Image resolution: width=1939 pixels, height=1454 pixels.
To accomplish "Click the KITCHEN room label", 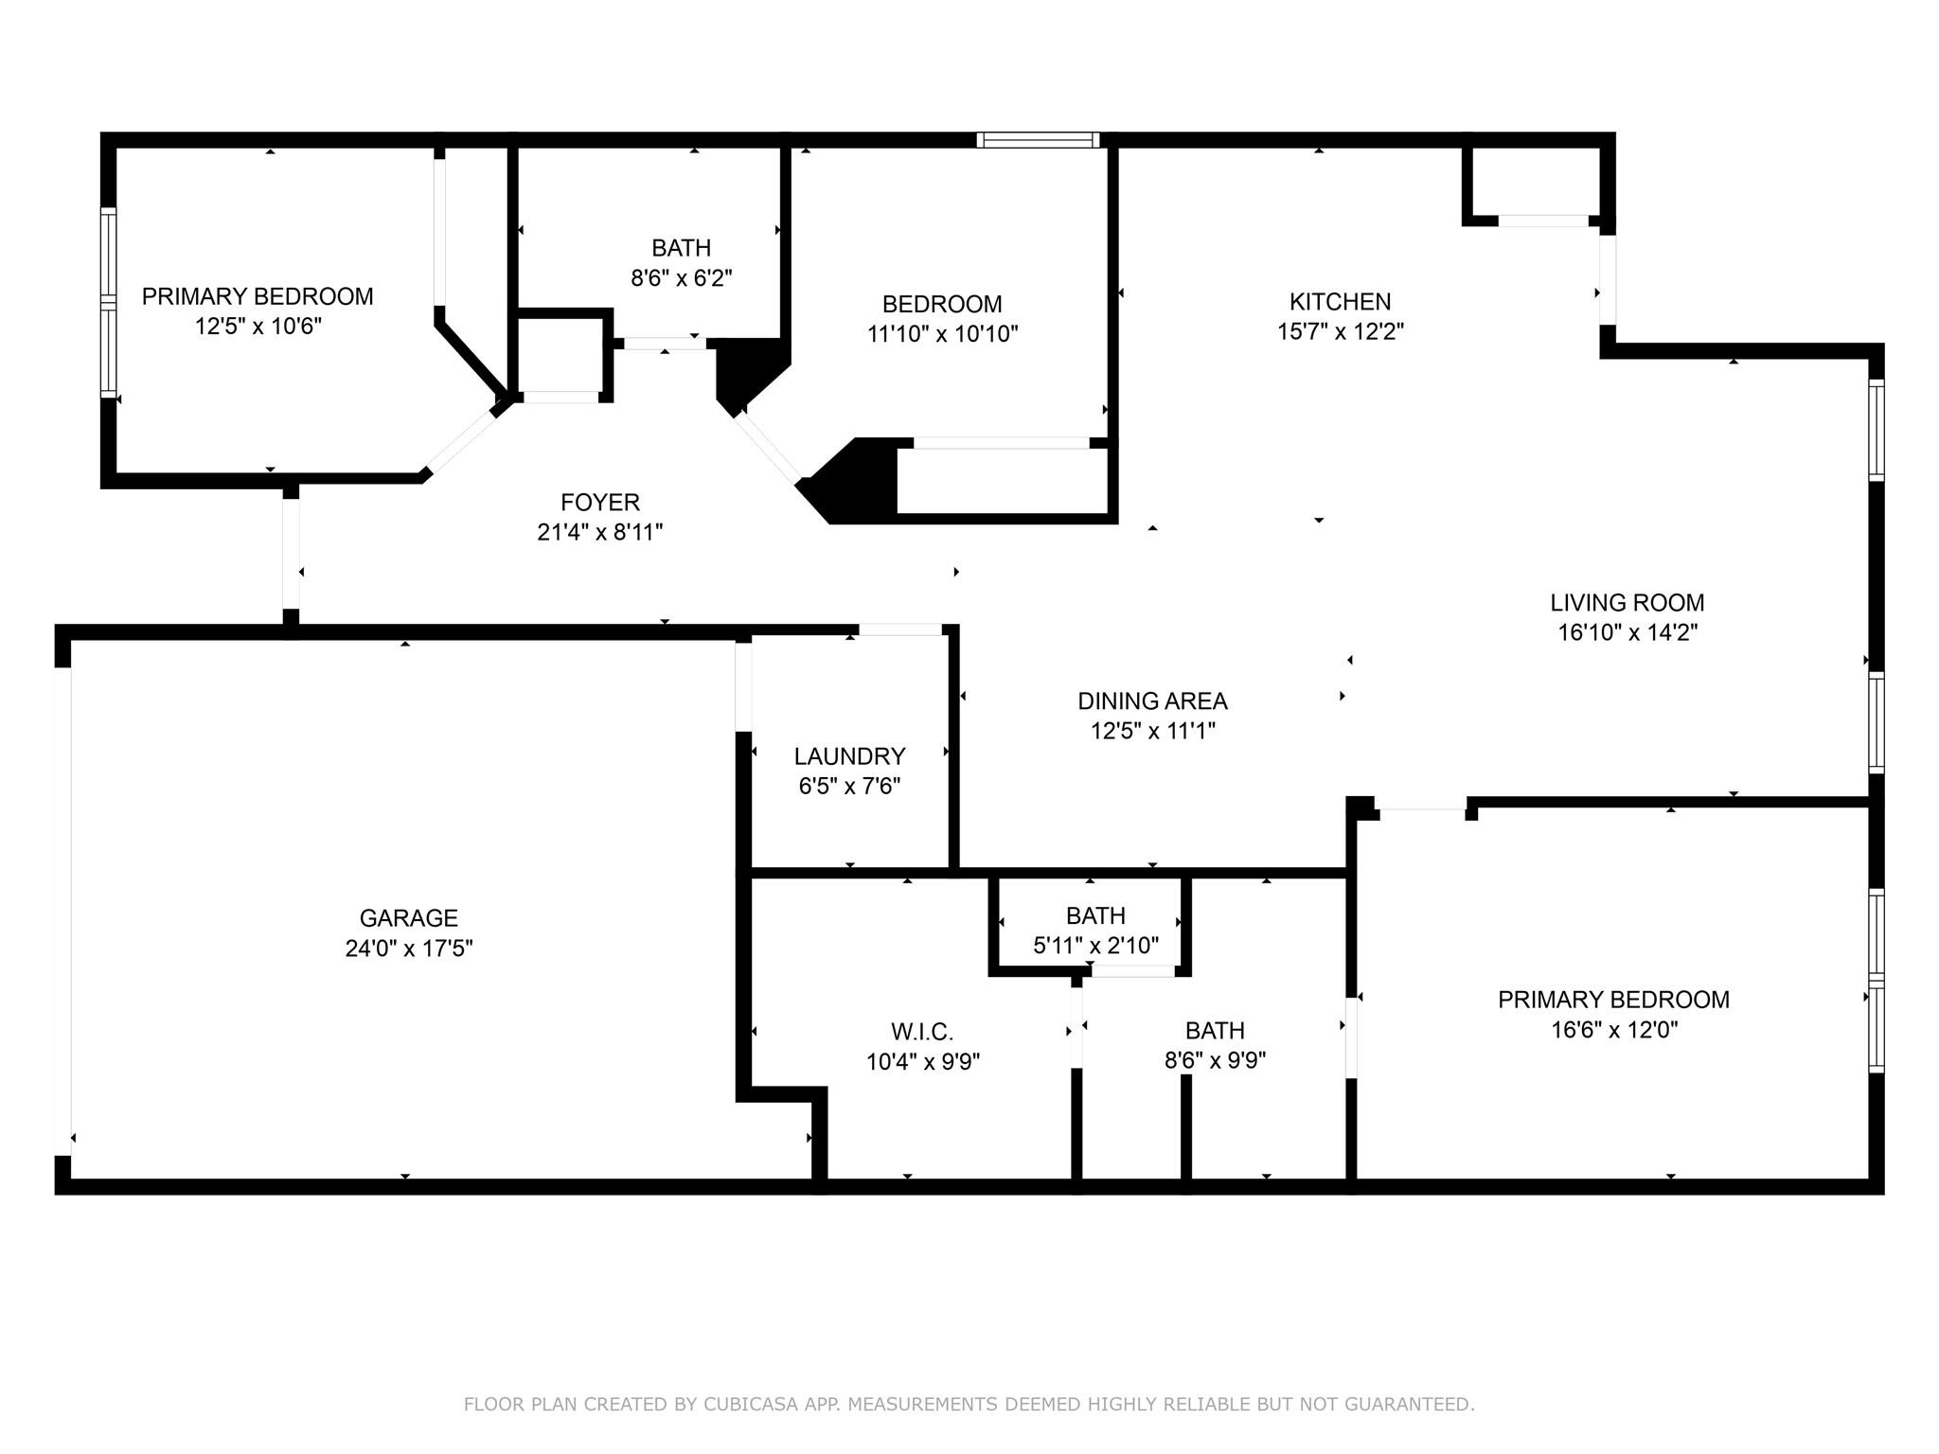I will pos(1340,302).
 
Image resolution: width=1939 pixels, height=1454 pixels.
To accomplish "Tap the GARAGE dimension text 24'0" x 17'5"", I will pos(409,949).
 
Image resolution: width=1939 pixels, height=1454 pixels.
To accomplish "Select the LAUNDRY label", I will pos(849,756).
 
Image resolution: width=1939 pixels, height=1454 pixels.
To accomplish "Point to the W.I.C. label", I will pos(922,1032).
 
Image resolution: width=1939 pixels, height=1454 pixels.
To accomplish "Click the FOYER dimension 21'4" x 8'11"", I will pos(599,532).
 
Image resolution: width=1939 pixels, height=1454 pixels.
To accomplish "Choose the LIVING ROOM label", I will pos(1627,602).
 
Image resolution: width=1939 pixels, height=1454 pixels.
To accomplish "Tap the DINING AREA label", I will pos(1152,701).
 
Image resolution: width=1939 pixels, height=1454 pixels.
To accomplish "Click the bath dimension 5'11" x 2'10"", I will pos(1095,946).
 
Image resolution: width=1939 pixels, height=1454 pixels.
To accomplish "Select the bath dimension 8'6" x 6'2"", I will pos(682,278).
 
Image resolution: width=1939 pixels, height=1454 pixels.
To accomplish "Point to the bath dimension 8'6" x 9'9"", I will pos(1215,1060).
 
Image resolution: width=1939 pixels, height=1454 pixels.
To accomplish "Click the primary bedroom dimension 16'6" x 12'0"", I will pos(1613,1030).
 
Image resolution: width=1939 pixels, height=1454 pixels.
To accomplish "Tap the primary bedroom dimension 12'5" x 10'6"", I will pos(258,327).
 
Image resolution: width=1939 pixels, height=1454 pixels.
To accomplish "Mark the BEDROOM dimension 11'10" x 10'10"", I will pos(942,334).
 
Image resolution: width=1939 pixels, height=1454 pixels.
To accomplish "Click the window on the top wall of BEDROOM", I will pos(1038,140).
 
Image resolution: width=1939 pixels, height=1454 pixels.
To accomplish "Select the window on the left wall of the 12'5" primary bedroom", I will pos(109,303).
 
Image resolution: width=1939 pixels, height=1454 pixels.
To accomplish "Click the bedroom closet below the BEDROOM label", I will pos(1002,481).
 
